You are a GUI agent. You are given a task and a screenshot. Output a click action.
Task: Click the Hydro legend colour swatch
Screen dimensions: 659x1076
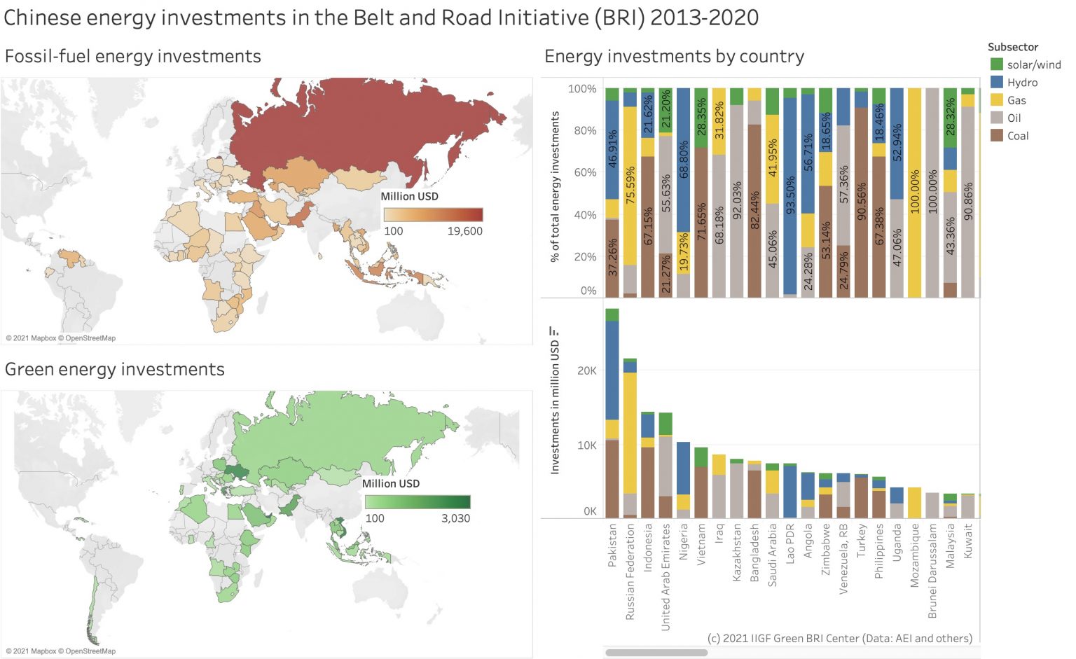point(996,83)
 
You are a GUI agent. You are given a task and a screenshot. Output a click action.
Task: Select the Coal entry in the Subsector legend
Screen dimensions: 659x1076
point(1017,136)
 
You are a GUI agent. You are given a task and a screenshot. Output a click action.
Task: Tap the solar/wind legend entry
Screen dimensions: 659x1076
point(1033,64)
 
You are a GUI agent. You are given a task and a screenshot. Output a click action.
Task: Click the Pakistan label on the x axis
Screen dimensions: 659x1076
point(612,545)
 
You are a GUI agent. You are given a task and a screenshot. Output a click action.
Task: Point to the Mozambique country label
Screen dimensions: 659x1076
point(915,555)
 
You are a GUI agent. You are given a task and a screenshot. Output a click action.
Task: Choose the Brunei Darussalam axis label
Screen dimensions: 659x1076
point(932,571)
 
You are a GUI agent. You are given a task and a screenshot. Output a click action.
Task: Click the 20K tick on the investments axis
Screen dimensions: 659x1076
point(586,370)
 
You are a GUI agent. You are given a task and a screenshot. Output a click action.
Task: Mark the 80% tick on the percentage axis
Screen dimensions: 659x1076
point(585,130)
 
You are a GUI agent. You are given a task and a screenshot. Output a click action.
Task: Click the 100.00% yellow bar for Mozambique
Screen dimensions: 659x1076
point(914,193)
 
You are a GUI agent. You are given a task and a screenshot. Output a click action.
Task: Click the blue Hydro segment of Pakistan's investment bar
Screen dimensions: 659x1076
point(612,370)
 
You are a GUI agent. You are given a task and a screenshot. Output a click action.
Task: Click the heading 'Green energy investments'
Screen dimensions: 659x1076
point(115,369)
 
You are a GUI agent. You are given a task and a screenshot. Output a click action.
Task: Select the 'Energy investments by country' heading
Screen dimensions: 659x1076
point(674,56)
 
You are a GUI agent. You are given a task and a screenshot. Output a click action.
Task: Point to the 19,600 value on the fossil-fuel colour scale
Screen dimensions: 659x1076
point(464,231)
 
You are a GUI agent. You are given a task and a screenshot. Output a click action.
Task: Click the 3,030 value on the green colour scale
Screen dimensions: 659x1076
point(455,518)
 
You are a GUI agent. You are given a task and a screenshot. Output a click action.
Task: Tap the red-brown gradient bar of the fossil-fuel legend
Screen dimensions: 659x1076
point(433,214)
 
